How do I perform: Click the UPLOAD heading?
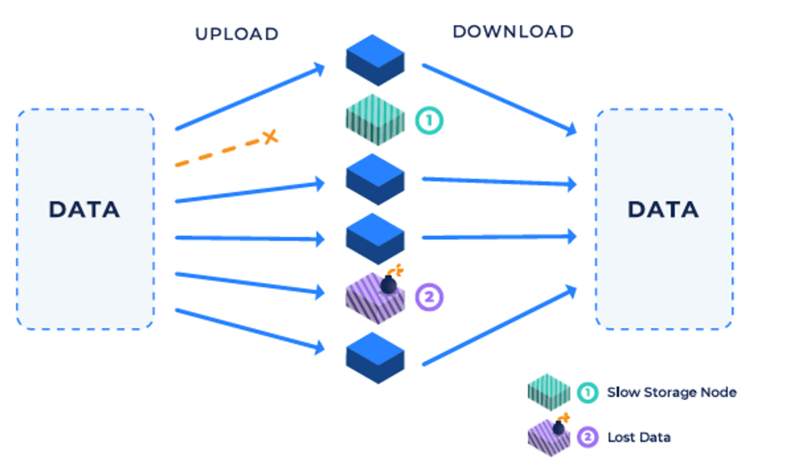click(x=237, y=34)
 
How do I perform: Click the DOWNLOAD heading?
click(x=513, y=31)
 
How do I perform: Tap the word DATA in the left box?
click(x=84, y=209)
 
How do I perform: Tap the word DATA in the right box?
click(x=663, y=209)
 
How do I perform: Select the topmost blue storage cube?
click(x=375, y=60)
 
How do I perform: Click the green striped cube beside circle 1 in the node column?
click(x=375, y=120)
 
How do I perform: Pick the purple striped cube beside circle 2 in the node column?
click(x=375, y=297)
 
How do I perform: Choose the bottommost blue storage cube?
click(x=375, y=358)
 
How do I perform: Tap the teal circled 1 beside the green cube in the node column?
click(x=429, y=120)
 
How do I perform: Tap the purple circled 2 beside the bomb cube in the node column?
click(x=429, y=297)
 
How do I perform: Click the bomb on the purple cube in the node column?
click(x=390, y=283)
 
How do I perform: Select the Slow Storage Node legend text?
click(x=672, y=393)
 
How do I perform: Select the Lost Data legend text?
click(x=639, y=437)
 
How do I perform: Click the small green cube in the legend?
click(x=549, y=393)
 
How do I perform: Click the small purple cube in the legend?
click(x=549, y=438)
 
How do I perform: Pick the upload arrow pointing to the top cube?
click(x=250, y=97)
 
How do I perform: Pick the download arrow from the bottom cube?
click(x=500, y=325)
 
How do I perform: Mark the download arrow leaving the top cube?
click(x=500, y=100)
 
